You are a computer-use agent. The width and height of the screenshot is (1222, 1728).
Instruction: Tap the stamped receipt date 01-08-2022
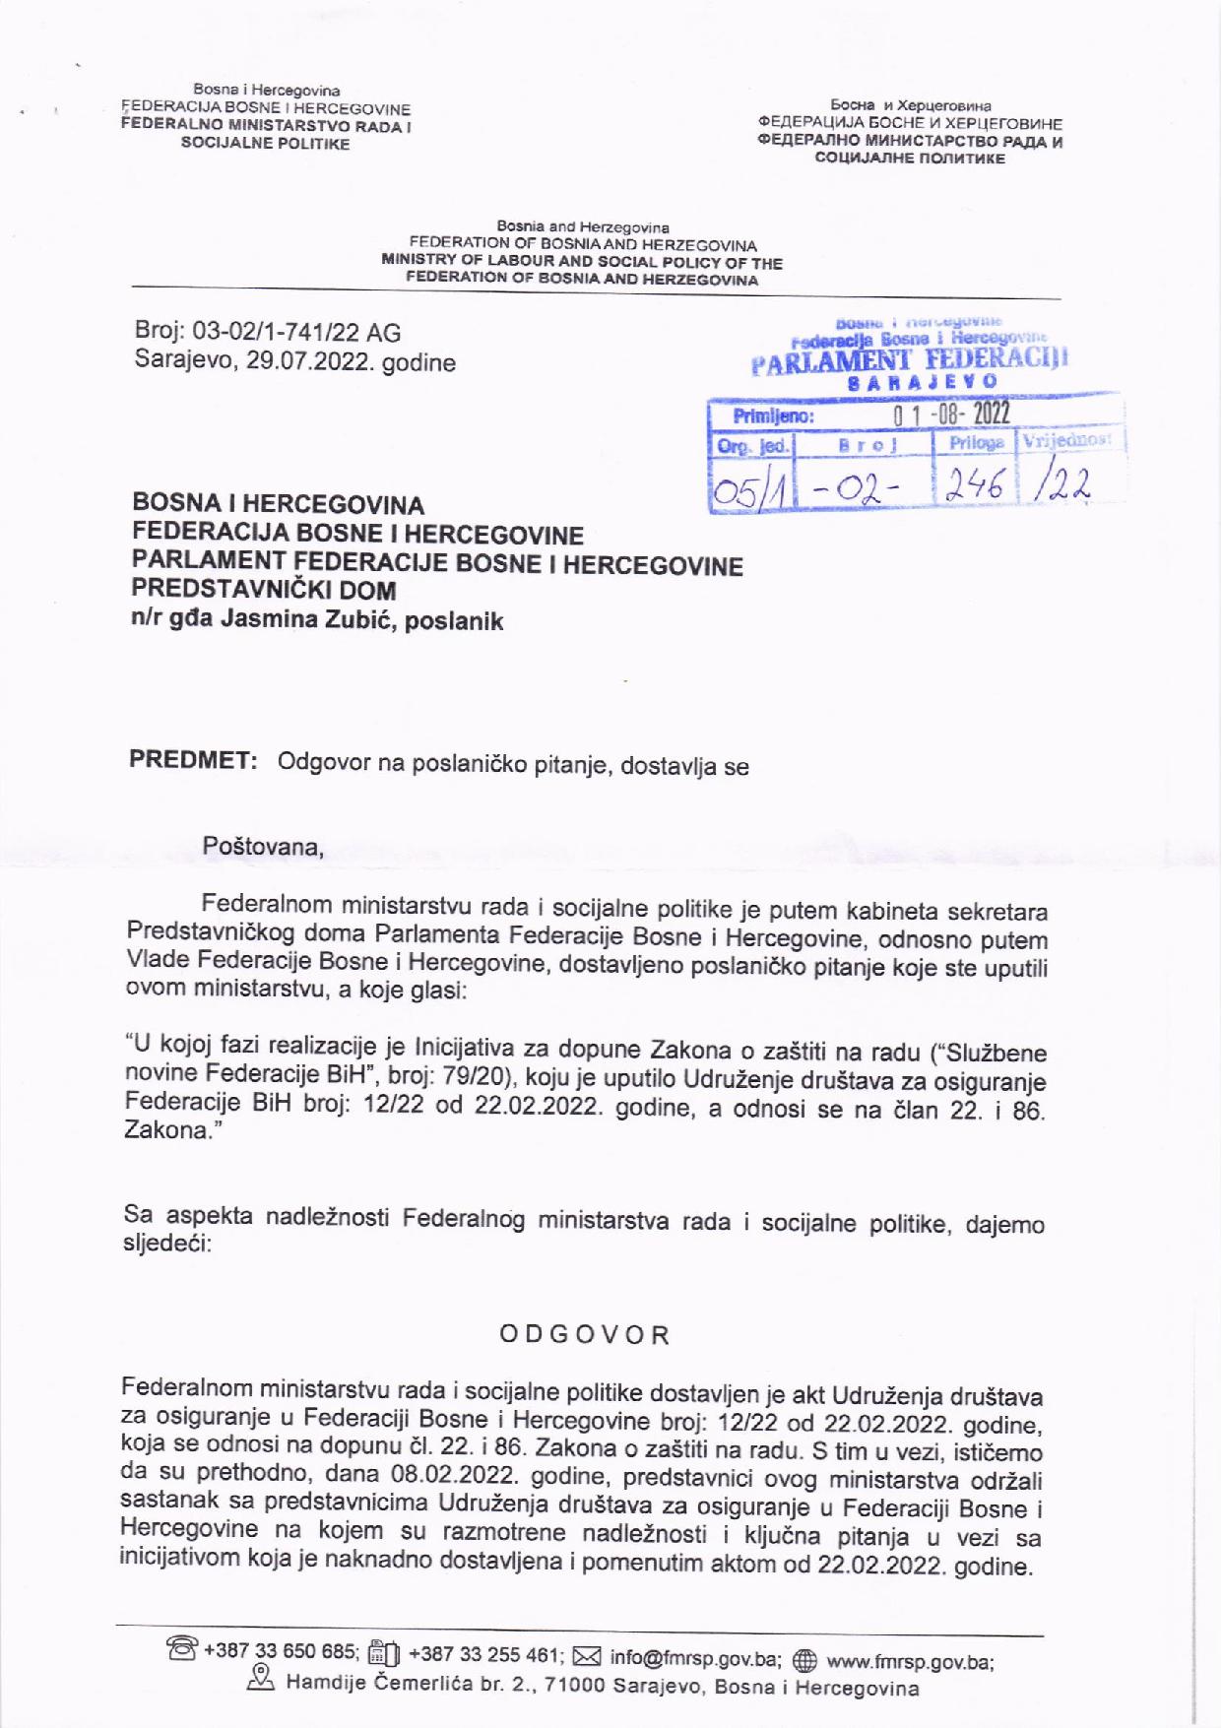click(x=951, y=415)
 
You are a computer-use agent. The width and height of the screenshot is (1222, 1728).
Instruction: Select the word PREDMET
click(x=193, y=761)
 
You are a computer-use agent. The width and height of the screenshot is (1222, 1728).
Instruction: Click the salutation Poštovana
click(x=263, y=846)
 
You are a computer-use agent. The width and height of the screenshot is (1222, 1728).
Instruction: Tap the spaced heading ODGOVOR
click(x=585, y=1335)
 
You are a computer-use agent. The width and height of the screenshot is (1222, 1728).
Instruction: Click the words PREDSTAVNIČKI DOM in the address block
click(x=264, y=591)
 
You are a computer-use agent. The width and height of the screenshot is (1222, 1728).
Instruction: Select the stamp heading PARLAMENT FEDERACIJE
click(x=908, y=359)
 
